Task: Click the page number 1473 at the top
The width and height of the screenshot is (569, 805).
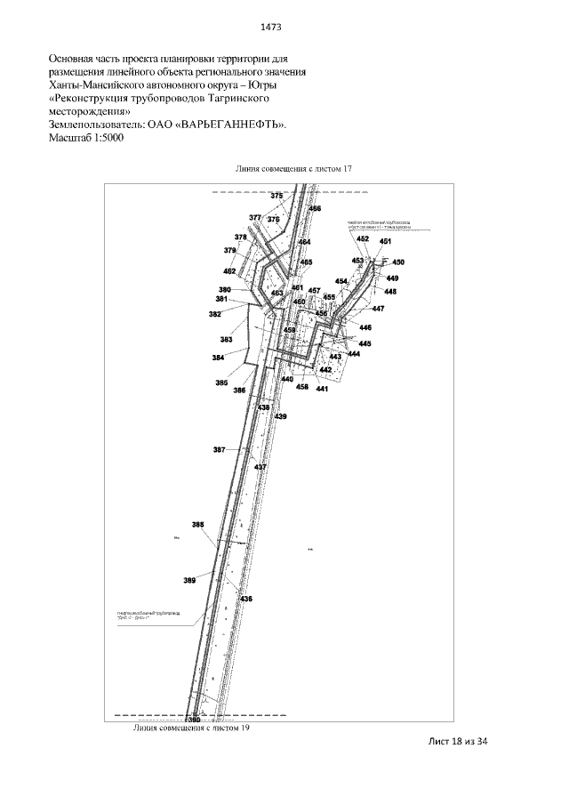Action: click(x=283, y=26)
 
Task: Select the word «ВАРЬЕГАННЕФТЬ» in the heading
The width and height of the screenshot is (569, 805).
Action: click(x=231, y=126)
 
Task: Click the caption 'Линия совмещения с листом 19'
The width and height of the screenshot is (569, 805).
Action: click(x=190, y=727)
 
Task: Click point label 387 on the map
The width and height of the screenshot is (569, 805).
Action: click(x=219, y=450)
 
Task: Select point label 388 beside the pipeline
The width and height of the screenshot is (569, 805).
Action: click(x=198, y=525)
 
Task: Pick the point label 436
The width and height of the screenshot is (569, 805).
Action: click(x=246, y=600)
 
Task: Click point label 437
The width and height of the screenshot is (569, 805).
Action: click(x=260, y=467)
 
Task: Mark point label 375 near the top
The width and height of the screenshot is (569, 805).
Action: click(x=276, y=196)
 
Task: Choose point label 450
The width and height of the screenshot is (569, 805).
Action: click(x=397, y=262)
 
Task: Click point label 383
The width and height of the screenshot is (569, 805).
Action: click(x=226, y=340)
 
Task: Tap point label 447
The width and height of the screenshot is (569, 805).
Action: click(x=378, y=309)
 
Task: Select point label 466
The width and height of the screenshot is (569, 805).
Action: click(x=315, y=208)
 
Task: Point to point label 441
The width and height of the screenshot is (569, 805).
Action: click(x=322, y=389)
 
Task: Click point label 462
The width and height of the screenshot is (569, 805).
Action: click(x=229, y=270)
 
